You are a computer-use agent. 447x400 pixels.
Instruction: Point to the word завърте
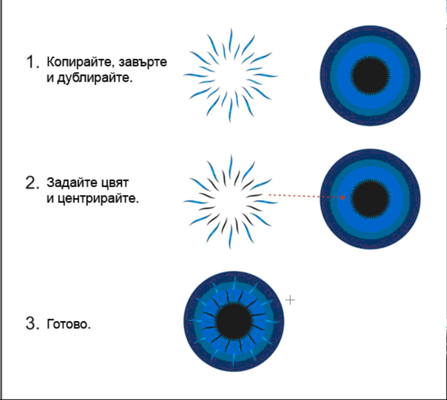click(143, 62)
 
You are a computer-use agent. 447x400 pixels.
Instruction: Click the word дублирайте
click(95, 78)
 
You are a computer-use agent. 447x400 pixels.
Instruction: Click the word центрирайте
click(98, 198)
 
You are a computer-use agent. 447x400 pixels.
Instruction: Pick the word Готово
click(69, 324)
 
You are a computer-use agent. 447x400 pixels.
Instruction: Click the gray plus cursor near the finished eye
click(290, 300)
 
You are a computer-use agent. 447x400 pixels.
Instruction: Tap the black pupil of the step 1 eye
click(370, 75)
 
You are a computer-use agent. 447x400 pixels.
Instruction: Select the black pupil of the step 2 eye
click(370, 199)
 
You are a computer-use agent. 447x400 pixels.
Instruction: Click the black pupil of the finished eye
click(234, 321)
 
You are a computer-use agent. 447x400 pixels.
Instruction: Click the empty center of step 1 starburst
click(230, 75)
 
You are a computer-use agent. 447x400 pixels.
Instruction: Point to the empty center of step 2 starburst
click(230, 202)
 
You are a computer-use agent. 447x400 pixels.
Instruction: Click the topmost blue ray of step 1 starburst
click(230, 40)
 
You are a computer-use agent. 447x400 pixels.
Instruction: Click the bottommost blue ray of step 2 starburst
click(230, 237)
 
